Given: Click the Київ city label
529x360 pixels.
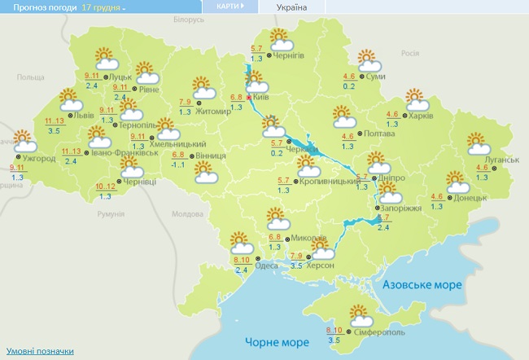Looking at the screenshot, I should [262, 97].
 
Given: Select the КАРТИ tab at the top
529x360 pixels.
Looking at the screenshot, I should [230, 7].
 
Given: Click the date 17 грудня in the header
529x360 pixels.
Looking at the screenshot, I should [103, 7].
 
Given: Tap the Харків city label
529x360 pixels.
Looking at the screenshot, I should [420, 116].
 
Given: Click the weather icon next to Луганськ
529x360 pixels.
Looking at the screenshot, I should [479, 144].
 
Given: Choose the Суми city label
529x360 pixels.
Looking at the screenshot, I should [376, 77].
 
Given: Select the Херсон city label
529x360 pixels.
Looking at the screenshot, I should [319, 265].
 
